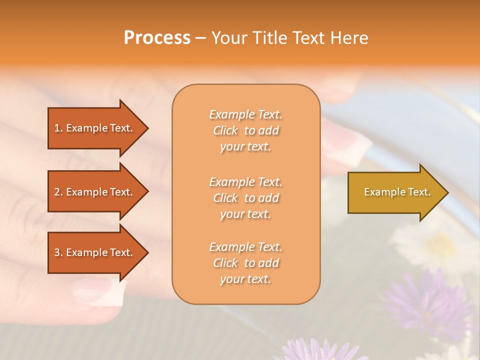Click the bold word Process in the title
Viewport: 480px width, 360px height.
tap(157, 38)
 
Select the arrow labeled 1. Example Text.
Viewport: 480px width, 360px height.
tap(94, 128)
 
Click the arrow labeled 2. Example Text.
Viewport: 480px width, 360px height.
tap(94, 192)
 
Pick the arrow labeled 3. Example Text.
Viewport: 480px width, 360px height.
tap(94, 252)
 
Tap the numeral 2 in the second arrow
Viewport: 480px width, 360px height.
tap(57, 192)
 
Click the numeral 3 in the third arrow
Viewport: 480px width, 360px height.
tap(57, 252)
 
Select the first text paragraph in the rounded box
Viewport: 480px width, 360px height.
tap(245, 130)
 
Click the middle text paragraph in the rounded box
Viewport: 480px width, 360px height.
tap(245, 198)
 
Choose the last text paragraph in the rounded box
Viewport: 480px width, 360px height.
tap(245, 263)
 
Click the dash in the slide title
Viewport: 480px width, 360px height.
tap(200, 38)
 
